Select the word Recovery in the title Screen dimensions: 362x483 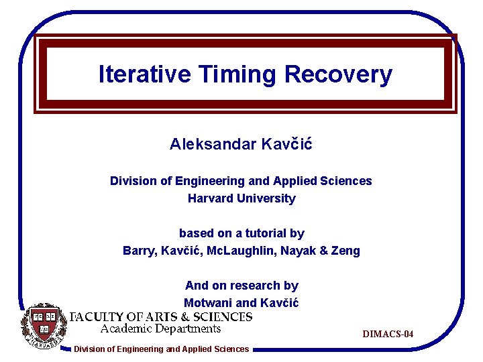click(x=338, y=74)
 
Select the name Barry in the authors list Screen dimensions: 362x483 click(x=139, y=251)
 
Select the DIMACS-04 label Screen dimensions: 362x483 click(x=388, y=334)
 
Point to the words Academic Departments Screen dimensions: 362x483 click(x=160, y=328)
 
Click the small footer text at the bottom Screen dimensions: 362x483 click(x=161, y=349)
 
